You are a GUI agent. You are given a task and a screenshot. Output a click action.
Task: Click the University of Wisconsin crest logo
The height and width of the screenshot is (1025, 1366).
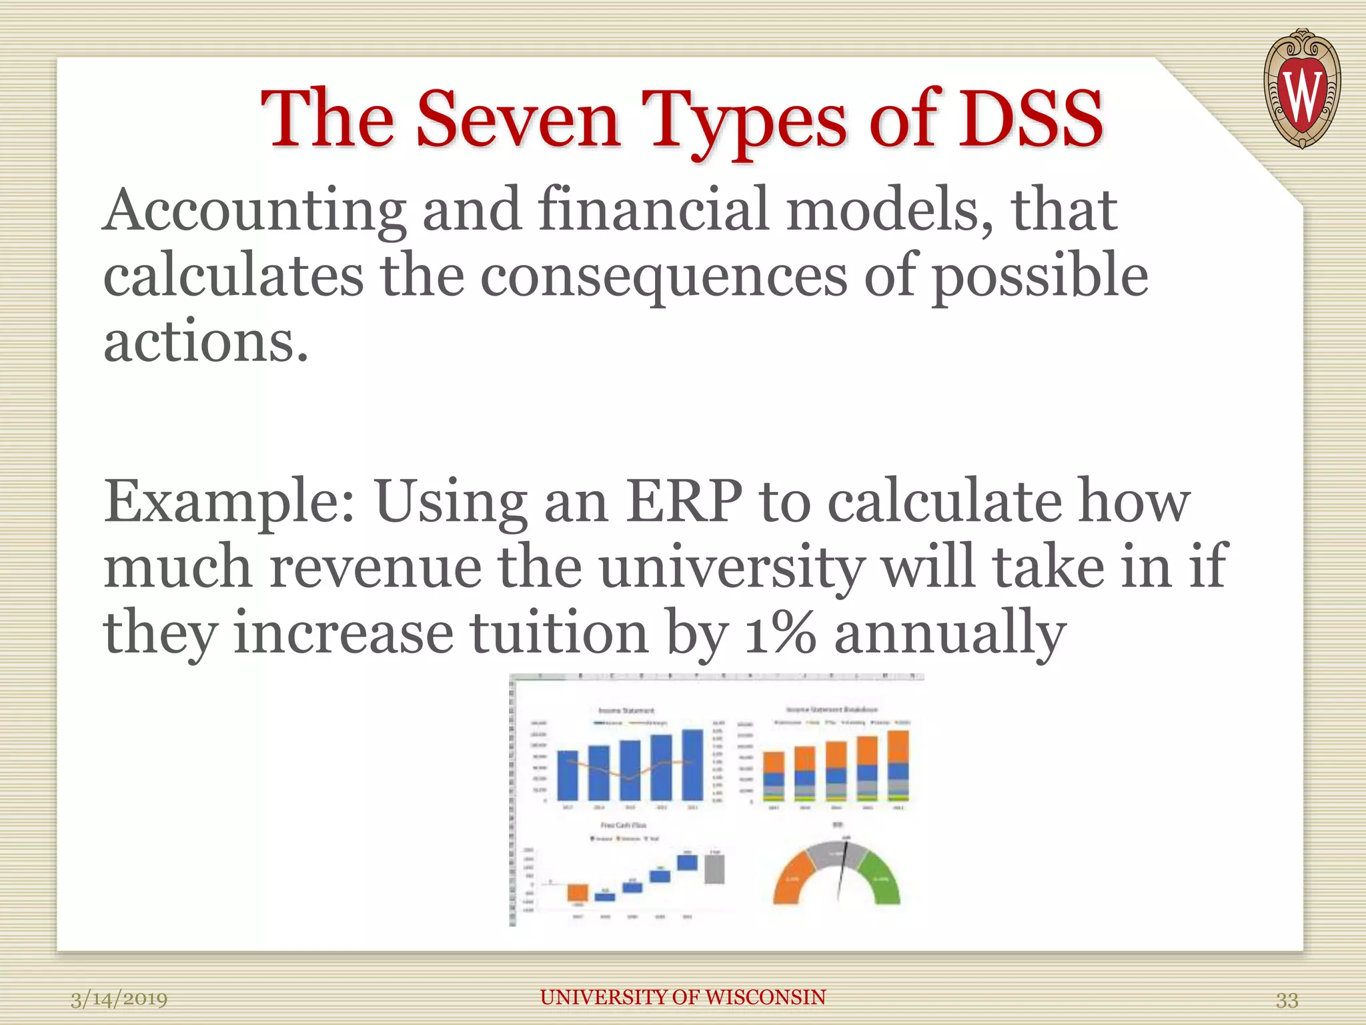click(x=1301, y=89)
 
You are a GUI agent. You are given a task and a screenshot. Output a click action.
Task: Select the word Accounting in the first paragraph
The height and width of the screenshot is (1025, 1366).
click(x=254, y=210)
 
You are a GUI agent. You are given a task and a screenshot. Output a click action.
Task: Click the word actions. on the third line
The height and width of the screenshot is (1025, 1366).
click(x=206, y=341)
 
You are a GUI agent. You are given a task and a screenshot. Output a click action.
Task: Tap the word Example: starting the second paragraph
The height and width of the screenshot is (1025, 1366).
click(x=229, y=502)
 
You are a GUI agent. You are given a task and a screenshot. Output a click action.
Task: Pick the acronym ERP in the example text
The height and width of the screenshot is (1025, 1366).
click(x=683, y=501)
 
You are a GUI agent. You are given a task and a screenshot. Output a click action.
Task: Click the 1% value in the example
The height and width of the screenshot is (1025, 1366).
click(x=780, y=633)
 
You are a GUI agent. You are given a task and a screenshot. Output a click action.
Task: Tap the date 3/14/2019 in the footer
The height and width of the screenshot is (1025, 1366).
click(x=119, y=999)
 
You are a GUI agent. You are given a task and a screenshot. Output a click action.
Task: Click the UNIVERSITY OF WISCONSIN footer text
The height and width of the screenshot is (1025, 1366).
click(x=682, y=997)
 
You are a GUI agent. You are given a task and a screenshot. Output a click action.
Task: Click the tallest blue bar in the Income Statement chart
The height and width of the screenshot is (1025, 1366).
click(x=692, y=765)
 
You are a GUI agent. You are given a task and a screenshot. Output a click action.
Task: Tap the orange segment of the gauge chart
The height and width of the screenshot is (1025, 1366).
click(x=794, y=880)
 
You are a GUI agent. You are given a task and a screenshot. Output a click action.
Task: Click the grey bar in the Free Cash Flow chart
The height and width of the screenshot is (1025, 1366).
click(x=714, y=870)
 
